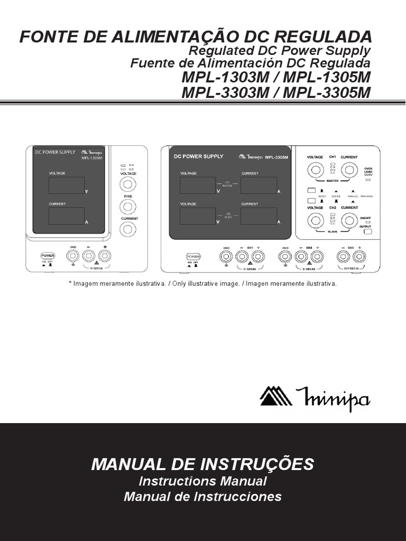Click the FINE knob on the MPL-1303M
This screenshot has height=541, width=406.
coord(127,207)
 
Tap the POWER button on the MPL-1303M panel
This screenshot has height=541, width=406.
coord(48,256)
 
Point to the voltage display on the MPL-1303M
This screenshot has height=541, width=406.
coord(67,185)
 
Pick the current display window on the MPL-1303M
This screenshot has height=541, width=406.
coord(67,216)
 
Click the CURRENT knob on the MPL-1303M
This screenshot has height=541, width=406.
coord(127,229)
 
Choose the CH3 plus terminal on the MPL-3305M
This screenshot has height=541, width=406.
coord(359,257)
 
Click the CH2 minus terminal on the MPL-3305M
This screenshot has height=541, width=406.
coord(301,257)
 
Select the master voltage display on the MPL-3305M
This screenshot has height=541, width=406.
coord(197,185)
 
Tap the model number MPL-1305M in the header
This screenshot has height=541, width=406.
coord(328,77)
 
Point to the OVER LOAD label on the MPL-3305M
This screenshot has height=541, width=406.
coord(368,171)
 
